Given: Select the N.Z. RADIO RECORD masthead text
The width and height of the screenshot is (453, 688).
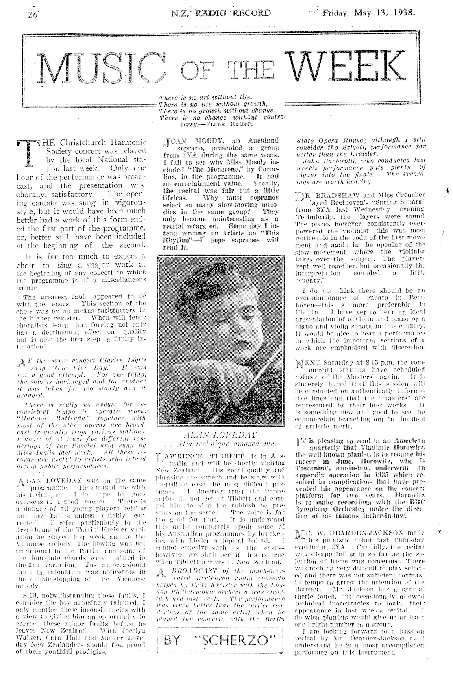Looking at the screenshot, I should [221, 13].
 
